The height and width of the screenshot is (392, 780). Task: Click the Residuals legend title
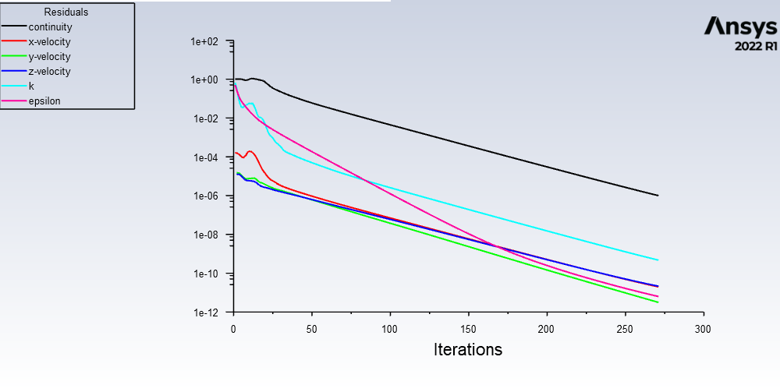coord(66,12)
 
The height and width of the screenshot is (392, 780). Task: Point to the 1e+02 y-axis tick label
coord(206,41)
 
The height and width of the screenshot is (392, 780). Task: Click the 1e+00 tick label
coord(206,80)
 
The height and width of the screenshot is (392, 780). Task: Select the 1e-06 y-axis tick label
coord(207,196)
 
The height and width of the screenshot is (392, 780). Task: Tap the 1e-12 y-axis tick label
coord(207,313)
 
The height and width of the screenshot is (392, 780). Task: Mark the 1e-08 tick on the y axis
coord(207,235)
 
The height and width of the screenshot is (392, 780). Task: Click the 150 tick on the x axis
coord(468,328)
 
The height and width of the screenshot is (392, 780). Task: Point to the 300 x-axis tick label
coord(703,328)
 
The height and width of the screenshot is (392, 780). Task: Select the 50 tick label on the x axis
coord(311,328)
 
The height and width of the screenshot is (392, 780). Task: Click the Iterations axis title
coord(468,349)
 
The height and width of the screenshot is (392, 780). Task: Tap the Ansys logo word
coord(740,26)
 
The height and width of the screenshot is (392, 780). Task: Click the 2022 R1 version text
coord(755,47)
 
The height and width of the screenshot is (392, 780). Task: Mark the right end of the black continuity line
coord(658,196)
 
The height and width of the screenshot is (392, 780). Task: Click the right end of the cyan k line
coord(658,260)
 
